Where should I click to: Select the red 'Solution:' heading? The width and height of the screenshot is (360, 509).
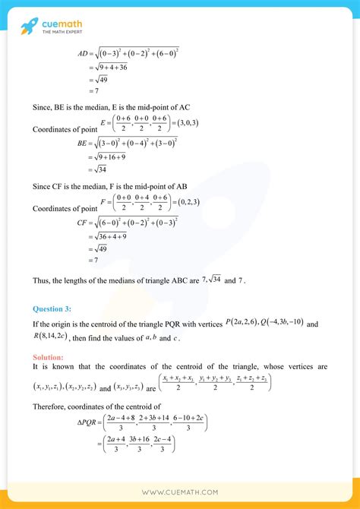[49, 356]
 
